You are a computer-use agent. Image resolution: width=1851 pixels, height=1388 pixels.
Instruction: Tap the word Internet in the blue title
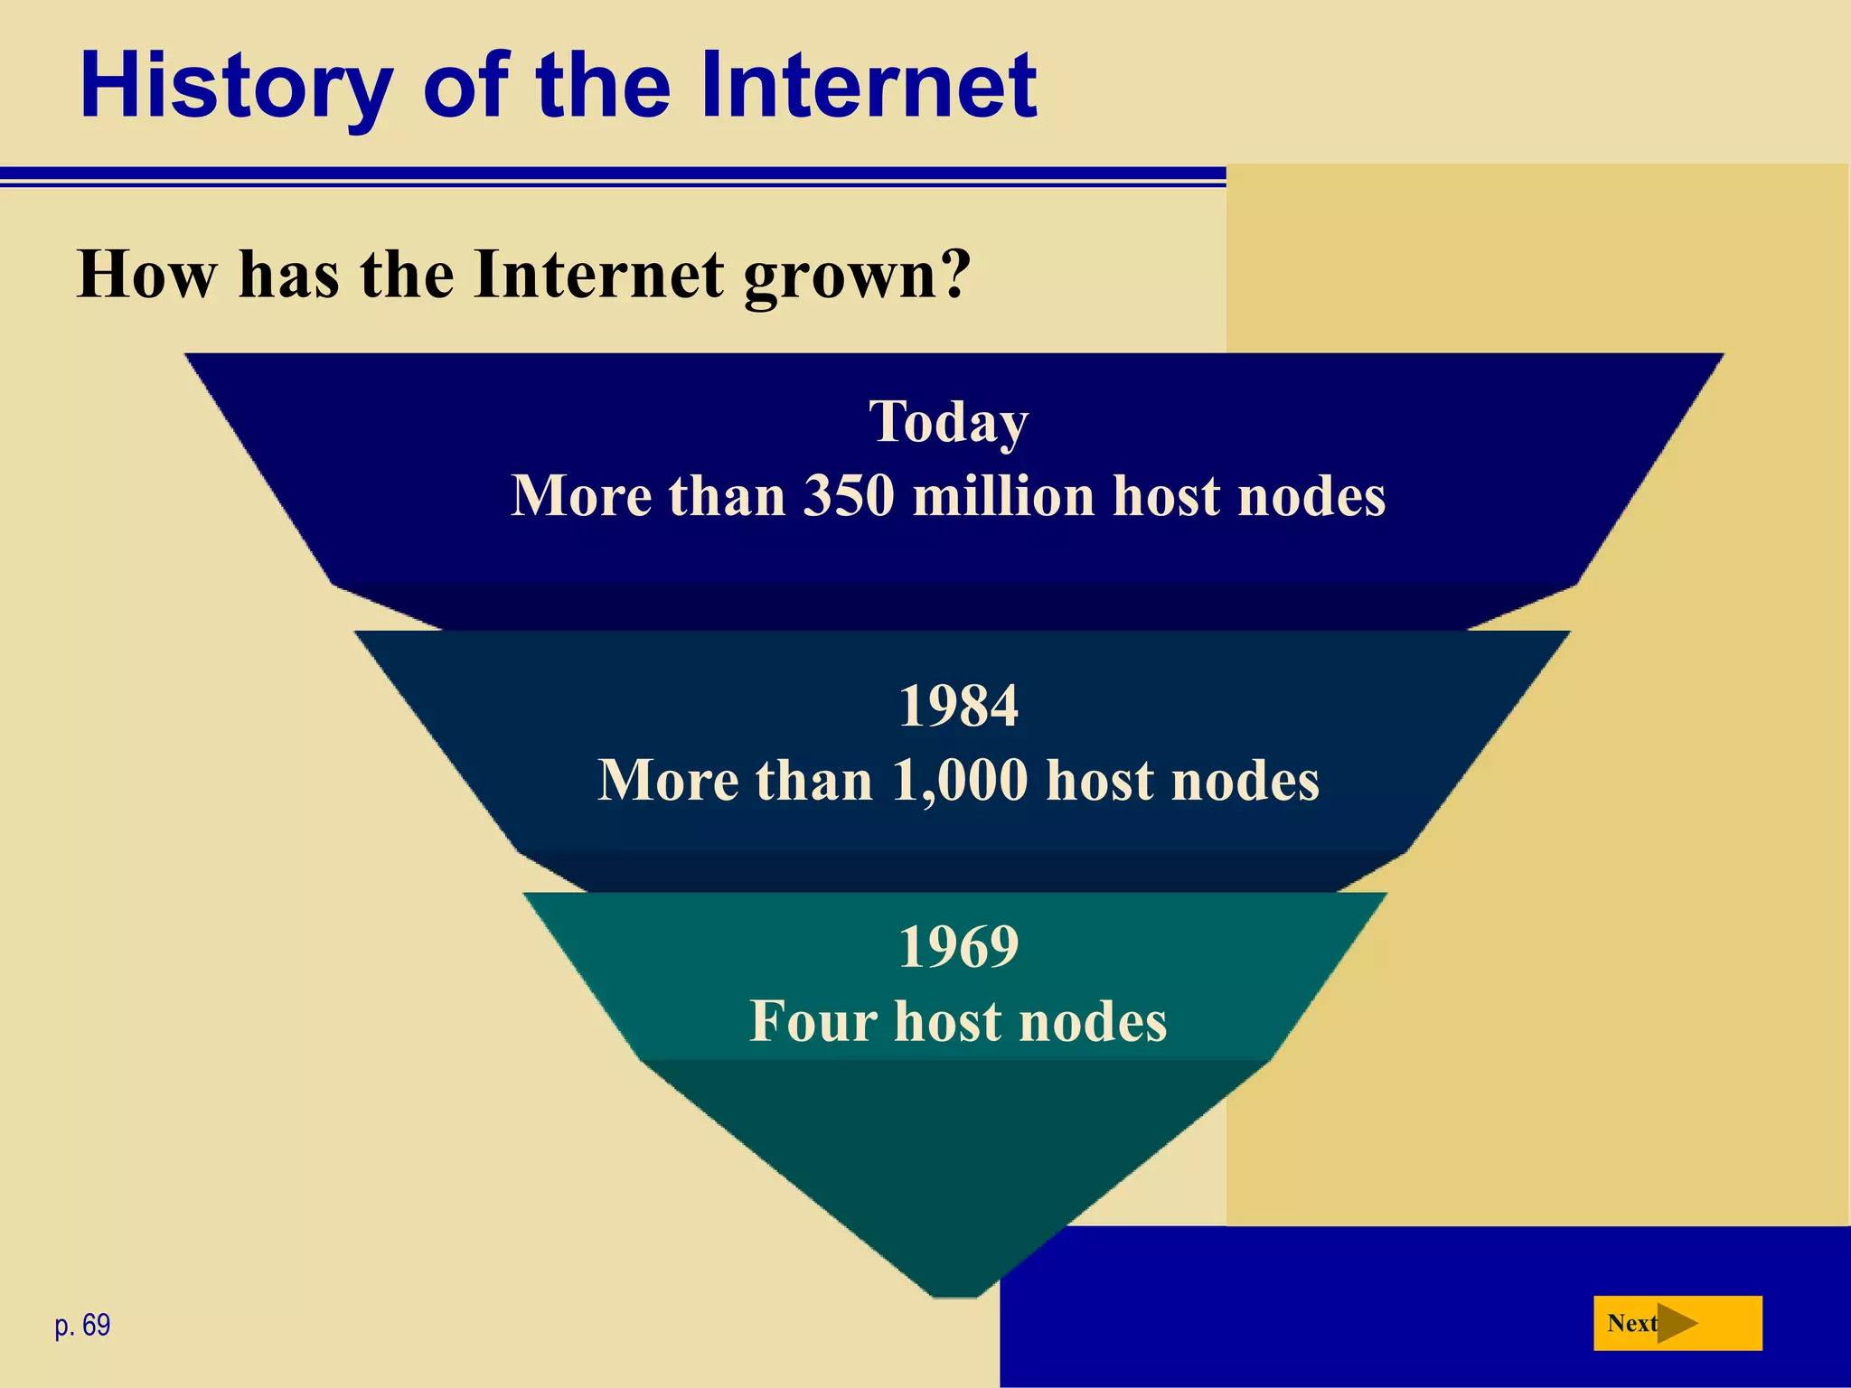pos(868,85)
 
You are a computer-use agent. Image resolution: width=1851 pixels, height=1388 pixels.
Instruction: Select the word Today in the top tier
pos(949,422)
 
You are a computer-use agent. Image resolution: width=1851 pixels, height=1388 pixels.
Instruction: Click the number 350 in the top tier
pos(850,496)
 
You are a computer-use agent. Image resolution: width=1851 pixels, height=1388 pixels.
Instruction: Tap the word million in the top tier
pos(1004,496)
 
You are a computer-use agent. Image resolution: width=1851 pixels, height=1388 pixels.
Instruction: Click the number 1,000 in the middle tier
pos(960,780)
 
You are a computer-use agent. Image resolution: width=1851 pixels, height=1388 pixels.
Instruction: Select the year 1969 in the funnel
pos(958,946)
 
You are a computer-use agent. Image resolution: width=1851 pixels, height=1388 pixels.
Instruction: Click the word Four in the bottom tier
pos(813,1021)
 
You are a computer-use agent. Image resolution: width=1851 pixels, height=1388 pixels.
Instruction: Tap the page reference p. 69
pos(82,1325)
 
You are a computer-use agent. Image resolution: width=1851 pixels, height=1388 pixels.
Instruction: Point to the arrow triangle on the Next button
pos(1677,1323)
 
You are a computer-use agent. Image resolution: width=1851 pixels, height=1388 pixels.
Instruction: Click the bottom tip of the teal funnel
pos(955,1292)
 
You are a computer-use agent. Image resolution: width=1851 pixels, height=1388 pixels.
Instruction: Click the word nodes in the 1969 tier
pos(1093,1022)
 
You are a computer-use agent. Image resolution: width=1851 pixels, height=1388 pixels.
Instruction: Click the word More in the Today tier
pos(581,496)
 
